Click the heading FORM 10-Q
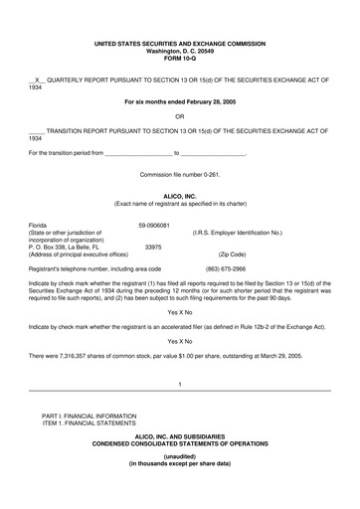[179, 57]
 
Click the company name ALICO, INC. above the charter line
[179, 196]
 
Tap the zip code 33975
[153, 247]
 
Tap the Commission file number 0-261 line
[179, 175]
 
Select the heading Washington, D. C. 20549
[179, 50]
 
